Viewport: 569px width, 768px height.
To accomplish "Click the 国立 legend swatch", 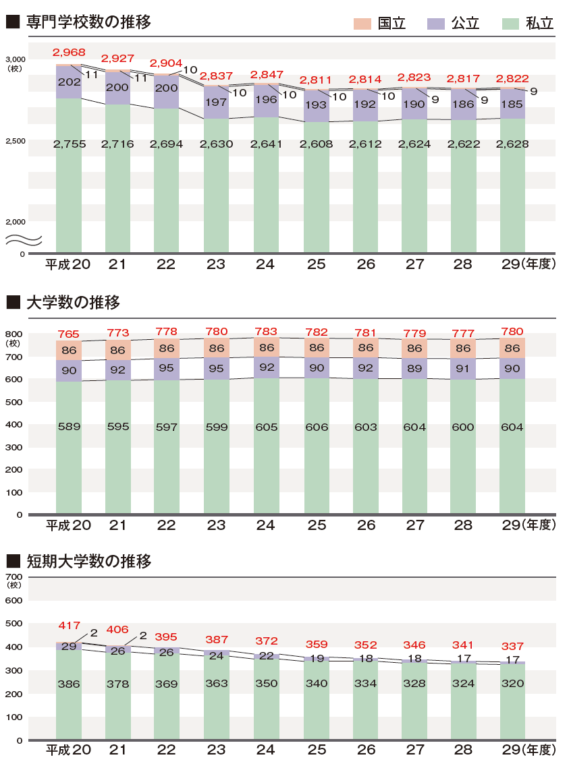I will (362, 23).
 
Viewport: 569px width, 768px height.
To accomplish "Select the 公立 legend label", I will (465, 24).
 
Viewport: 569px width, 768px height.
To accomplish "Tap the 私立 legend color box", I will (510, 23).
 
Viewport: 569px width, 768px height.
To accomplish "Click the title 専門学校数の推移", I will (88, 22).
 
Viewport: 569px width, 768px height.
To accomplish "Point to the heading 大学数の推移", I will (72, 303).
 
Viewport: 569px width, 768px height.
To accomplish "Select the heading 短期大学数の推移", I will (88, 561).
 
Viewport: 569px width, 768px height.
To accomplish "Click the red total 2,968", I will (68, 53).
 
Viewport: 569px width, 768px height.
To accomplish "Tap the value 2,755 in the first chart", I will (68, 144).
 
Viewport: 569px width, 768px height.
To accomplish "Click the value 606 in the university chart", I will (316, 427).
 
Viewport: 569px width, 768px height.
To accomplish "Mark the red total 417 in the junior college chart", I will (68, 626).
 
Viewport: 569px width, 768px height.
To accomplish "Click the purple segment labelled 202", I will (68, 82).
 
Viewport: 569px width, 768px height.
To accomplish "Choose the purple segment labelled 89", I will (414, 367).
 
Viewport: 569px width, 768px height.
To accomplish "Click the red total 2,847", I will (265, 74).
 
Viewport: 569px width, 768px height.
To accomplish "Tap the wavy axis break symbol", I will (25, 239).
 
